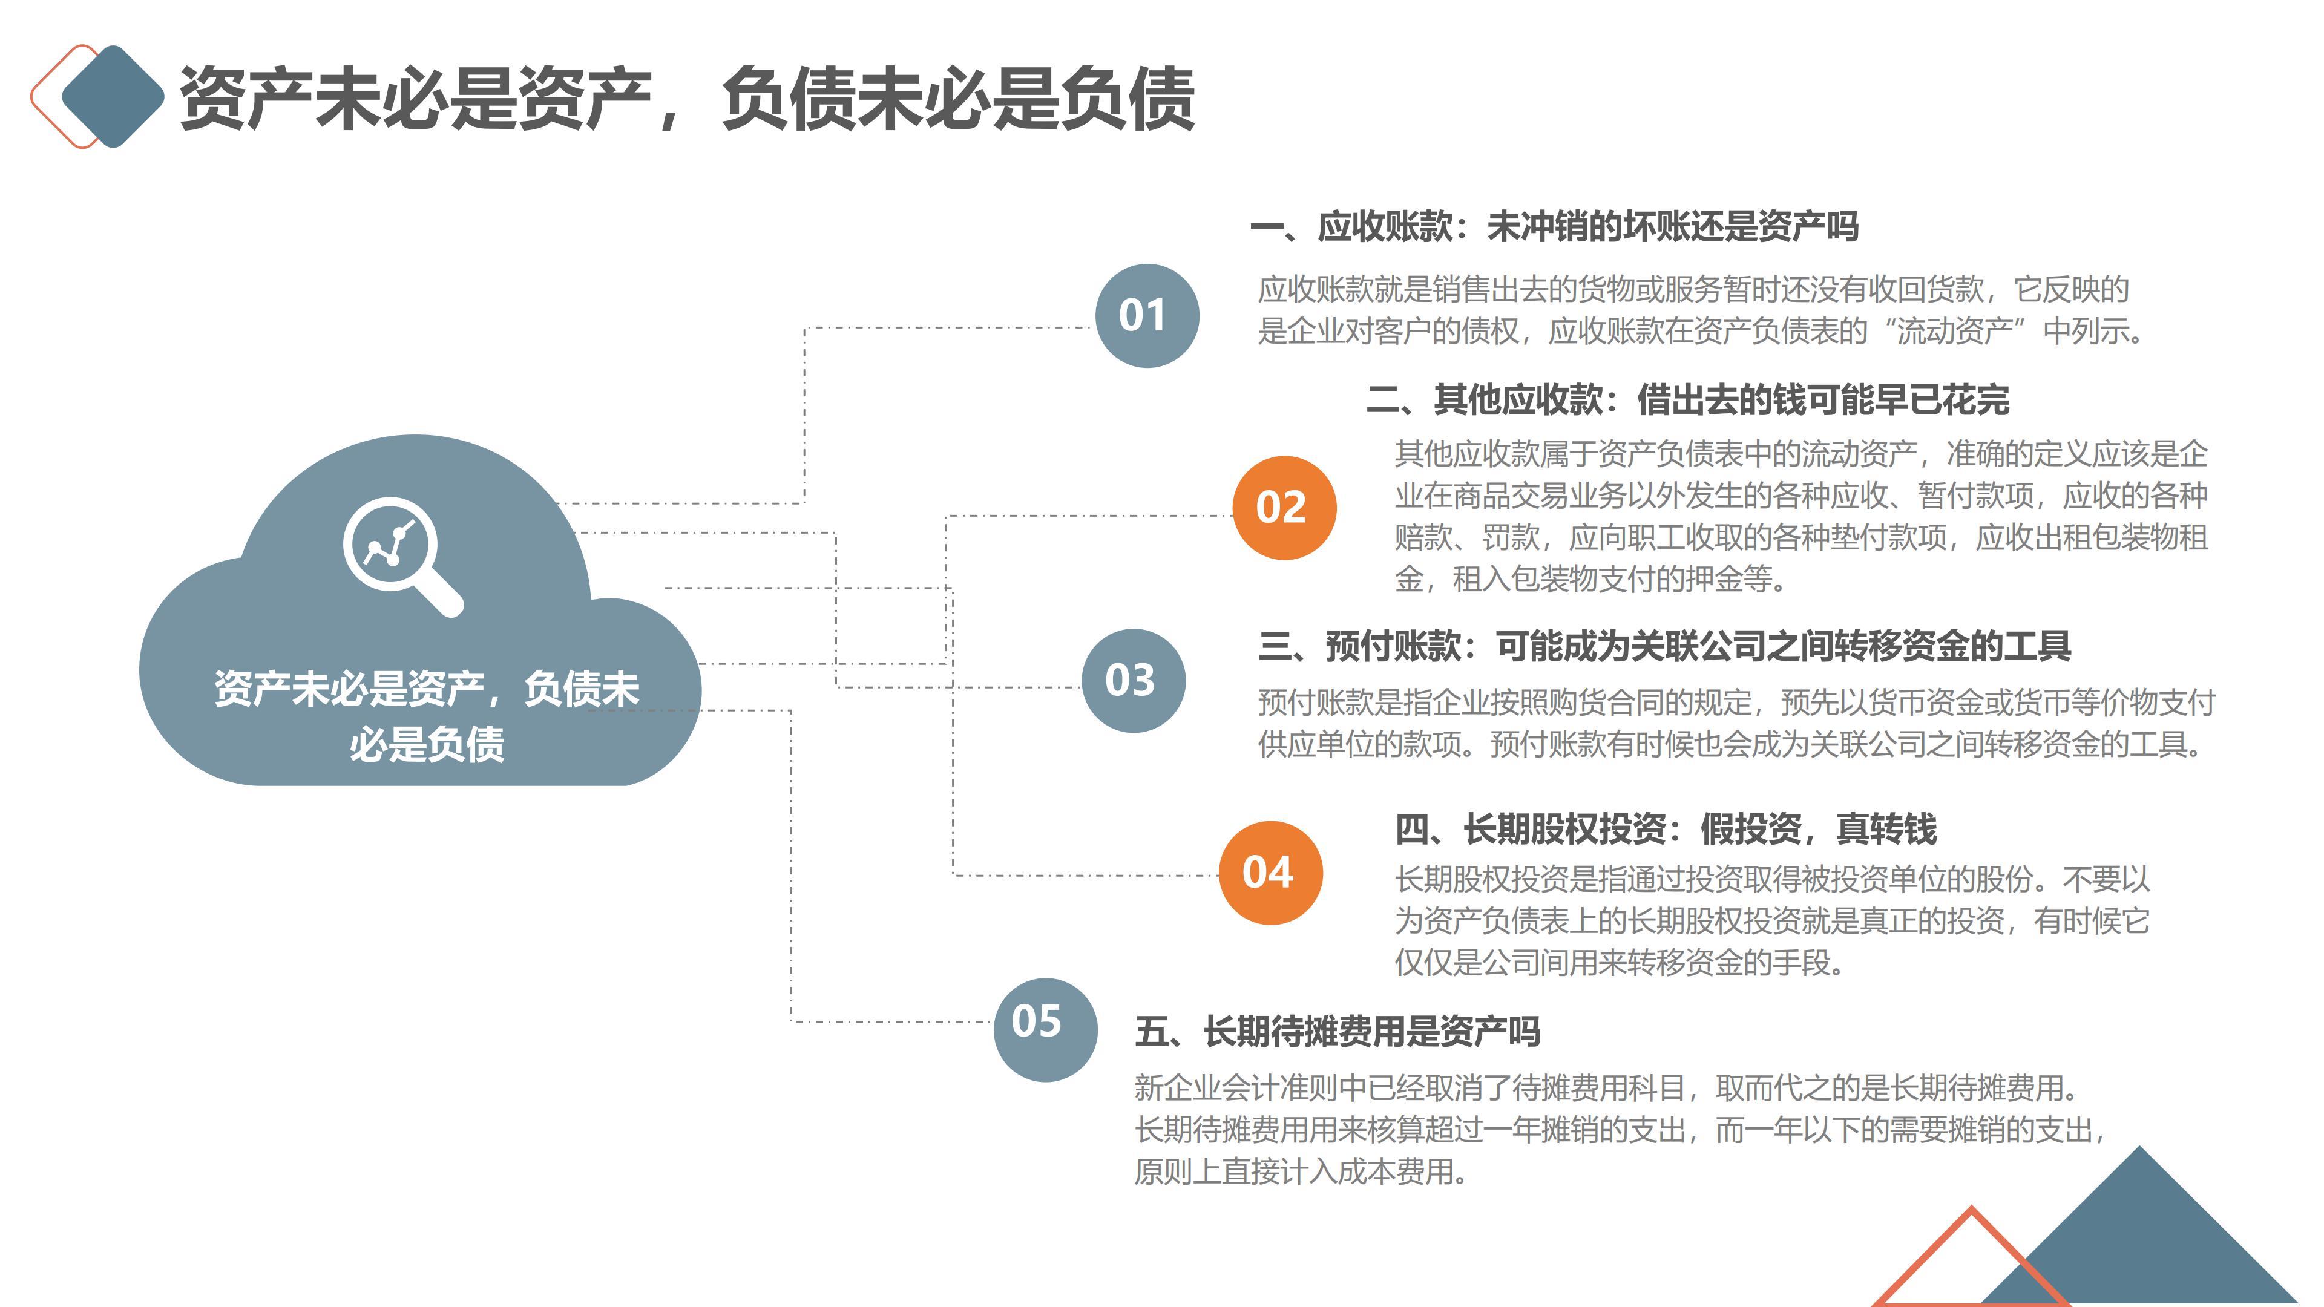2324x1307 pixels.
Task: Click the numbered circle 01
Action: (x=1146, y=316)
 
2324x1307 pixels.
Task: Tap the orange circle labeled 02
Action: (x=1283, y=508)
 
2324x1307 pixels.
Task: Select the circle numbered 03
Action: (x=1132, y=680)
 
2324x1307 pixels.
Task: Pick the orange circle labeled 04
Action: (x=1269, y=872)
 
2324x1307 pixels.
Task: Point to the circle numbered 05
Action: (x=1045, y=1029)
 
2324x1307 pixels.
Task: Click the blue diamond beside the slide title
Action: (x=113, y=96)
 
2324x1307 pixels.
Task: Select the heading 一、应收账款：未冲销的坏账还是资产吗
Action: (x=1554, y=226)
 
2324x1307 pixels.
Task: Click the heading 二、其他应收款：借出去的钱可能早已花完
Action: (x=1687, y=399)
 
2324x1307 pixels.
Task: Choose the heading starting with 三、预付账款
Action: (x=1664, y=646)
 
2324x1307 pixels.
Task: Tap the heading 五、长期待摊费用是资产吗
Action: (x=1337, y=1031)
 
